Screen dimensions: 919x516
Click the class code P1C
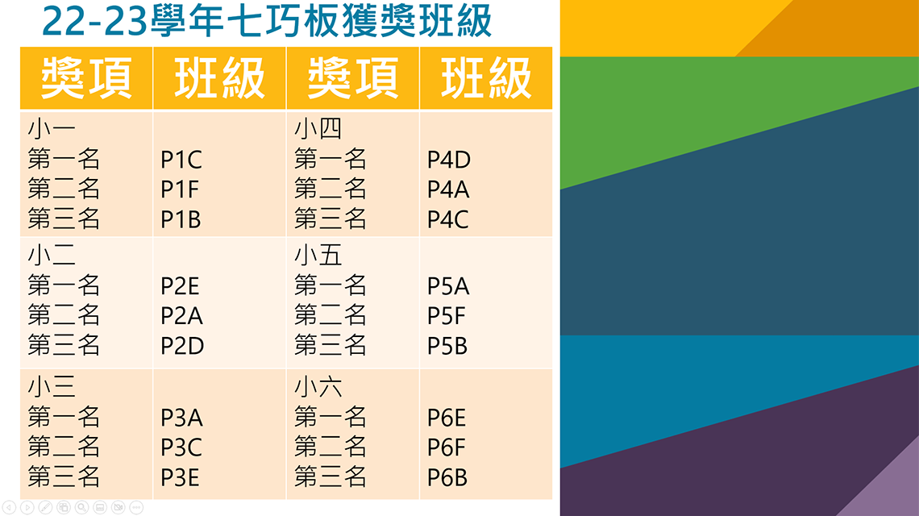point(181,160)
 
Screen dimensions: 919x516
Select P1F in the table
point(179,189)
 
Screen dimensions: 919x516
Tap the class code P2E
point(180,286)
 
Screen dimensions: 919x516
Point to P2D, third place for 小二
point(182,346)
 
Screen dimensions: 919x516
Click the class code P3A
point(181,418)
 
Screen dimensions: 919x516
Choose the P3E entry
point(180,478)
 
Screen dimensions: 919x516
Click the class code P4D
point(449,160)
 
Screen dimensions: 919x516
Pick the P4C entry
point(447,220)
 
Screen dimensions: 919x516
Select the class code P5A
point(448,286)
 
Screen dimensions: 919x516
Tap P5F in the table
point(446,316)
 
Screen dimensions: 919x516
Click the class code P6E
point(447,418)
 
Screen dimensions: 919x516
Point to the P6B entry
point(447,478)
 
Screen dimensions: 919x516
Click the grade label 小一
point(52,128)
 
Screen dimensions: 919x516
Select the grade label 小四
point(318,128)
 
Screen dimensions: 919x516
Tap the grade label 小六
point(318,387)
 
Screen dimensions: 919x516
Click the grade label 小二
point(52,255)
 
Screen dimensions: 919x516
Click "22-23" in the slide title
point(94,22)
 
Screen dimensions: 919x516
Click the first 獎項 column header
point(86,78)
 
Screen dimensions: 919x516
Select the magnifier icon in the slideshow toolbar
point(81,507)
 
